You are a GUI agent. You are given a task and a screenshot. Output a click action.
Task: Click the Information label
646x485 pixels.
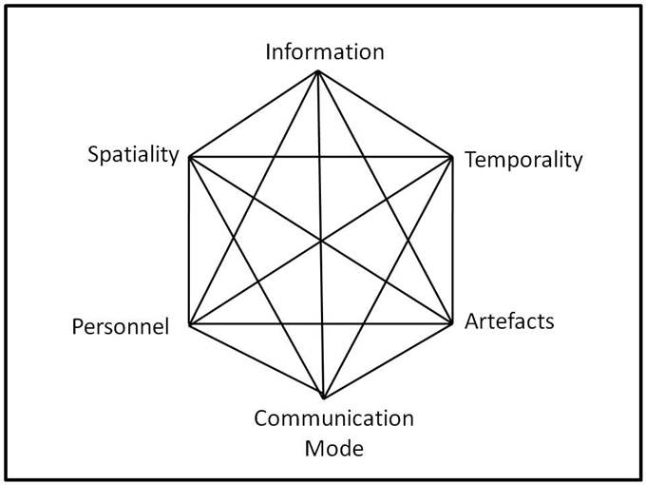(324, 51)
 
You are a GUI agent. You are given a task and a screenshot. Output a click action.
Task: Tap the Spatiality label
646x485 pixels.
(133, 153)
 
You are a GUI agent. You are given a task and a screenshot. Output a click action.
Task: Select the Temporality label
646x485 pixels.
(522, 159)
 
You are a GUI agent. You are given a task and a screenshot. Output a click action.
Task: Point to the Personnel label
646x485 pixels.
(121, 327)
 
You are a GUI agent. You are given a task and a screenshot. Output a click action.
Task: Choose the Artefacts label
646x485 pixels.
(509, 320)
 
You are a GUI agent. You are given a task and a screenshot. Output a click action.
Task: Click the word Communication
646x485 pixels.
(333, 418)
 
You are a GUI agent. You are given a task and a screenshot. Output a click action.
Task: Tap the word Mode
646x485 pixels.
(333, 447)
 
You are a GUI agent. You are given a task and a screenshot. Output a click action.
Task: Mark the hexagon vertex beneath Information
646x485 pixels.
(319, 71)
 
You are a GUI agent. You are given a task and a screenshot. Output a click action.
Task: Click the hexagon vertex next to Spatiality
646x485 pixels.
(190, 155)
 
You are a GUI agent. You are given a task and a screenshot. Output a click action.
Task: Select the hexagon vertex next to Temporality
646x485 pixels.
(450, 155)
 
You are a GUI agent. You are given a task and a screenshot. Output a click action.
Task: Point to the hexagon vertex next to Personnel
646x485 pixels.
(190, 325)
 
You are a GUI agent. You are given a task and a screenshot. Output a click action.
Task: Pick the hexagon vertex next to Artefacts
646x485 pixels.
(450, 324)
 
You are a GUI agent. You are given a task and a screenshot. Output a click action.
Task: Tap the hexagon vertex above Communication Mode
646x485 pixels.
(324, 398)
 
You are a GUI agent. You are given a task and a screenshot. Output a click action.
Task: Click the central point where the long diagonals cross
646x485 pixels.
(321, 240)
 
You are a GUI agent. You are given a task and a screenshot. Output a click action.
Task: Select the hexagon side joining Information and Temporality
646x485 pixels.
(385, 113)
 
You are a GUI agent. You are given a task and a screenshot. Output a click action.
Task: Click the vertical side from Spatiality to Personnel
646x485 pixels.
(190, 240)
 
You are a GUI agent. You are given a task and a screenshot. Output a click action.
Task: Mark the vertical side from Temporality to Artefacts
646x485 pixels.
(450, 240)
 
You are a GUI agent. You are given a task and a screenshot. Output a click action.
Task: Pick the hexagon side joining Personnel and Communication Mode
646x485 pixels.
(256, 361)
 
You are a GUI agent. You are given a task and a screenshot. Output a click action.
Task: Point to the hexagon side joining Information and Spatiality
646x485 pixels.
(255, 113)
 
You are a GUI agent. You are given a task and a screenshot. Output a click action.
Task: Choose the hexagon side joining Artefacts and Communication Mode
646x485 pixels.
(388, 361)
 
